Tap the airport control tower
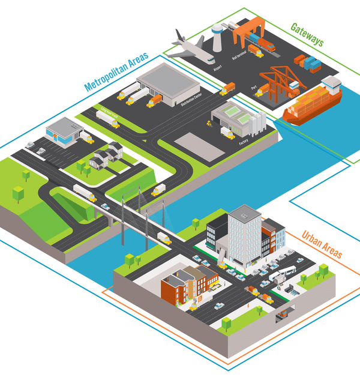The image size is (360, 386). coord(217,36)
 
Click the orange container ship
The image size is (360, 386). coord(312,102)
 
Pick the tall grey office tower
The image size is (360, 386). coord(244,235)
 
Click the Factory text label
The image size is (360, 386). coord(244,141)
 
